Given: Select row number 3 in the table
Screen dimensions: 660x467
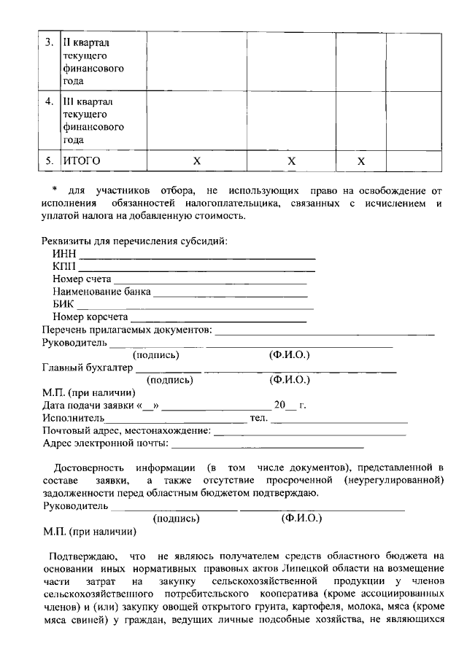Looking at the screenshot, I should tap(47, 42).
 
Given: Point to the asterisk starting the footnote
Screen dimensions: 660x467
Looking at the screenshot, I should tap(55, 190).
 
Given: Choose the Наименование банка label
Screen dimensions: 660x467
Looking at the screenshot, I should tap(101, 292).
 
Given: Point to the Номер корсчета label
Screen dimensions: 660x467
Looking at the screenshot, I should tap(90, 317).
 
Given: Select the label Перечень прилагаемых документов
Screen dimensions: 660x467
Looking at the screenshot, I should tap(126, 330).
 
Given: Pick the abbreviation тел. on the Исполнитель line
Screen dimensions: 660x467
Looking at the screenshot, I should tap(259, 418).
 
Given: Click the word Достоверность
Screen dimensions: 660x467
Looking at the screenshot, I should tap(88, 467).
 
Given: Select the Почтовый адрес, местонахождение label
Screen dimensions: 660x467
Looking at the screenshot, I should tap(126, 431).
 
